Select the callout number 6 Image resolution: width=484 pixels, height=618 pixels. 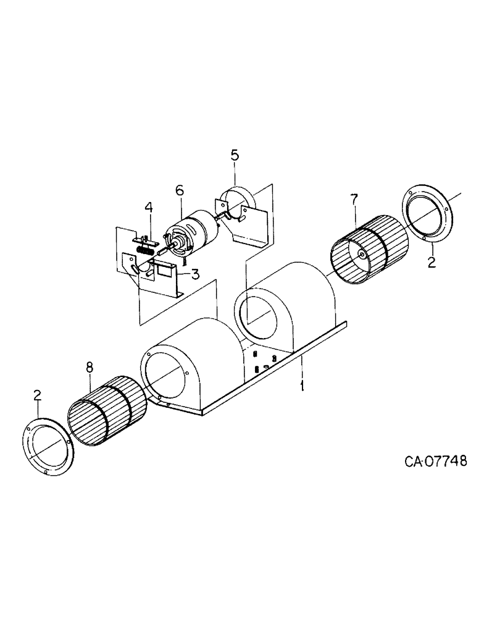point(180,192)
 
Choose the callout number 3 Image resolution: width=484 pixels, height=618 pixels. point(194,274)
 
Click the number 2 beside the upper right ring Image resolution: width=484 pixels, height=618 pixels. point(432,263)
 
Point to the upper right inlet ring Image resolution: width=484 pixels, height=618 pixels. point(428,214)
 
